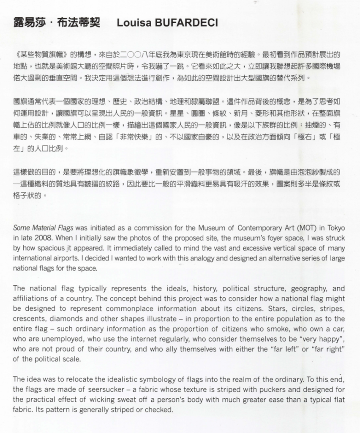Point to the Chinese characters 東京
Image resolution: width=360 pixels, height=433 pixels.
click(193, 55)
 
